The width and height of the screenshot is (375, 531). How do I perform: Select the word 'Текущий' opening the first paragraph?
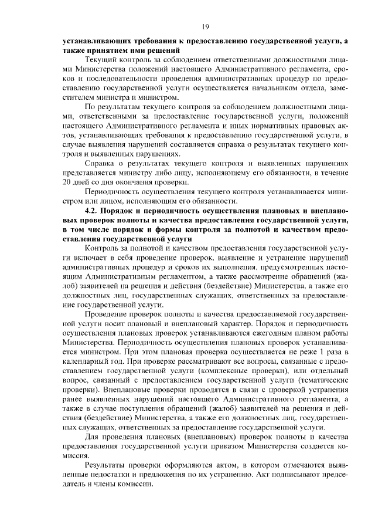pos(100,61)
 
